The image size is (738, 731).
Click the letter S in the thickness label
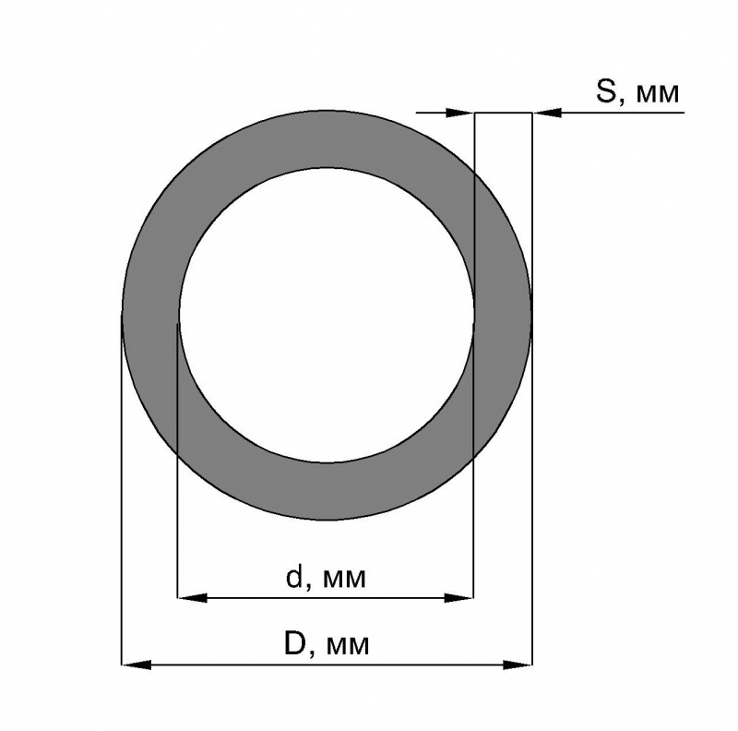(606, 91)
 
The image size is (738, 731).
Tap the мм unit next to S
(657, 94)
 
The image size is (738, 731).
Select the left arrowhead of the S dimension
(459, 113)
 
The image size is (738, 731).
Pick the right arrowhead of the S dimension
(547, 113)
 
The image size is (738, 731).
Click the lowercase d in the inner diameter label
(294, 577)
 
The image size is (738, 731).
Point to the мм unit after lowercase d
(344, 581)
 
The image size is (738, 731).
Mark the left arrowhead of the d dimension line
(192, 598)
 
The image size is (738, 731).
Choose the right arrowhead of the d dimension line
(458, 598)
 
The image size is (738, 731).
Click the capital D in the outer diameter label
(295, 643)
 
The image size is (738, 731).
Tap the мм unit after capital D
(348, 647)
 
